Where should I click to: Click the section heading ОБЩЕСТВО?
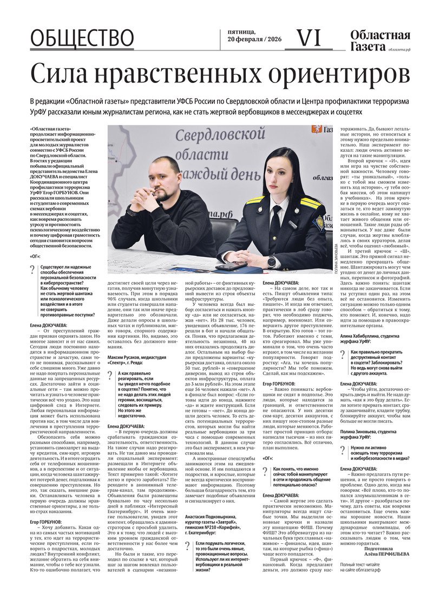(82, 38)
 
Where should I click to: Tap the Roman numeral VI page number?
(309, 37)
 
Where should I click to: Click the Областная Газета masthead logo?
(379, 41)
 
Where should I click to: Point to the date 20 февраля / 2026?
(253, 41)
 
